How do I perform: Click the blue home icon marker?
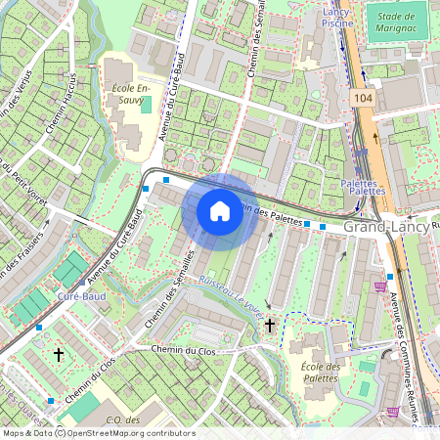(x=220, y=210)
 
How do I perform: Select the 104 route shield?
(x=364, y=99)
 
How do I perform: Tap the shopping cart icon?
(x=378, y=286)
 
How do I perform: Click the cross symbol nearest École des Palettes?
(x=270, y=325)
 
